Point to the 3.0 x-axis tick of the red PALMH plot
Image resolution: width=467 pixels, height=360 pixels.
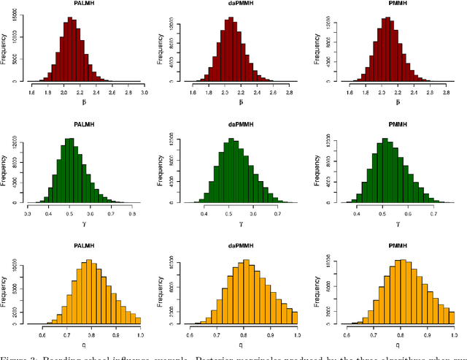(x=144, y=93)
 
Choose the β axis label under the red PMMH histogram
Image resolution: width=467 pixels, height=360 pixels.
(x=397, y=102)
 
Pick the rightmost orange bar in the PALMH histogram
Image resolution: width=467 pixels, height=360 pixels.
(x=138, y=320)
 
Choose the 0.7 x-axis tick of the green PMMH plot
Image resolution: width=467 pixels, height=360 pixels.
(x=433, y=213)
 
